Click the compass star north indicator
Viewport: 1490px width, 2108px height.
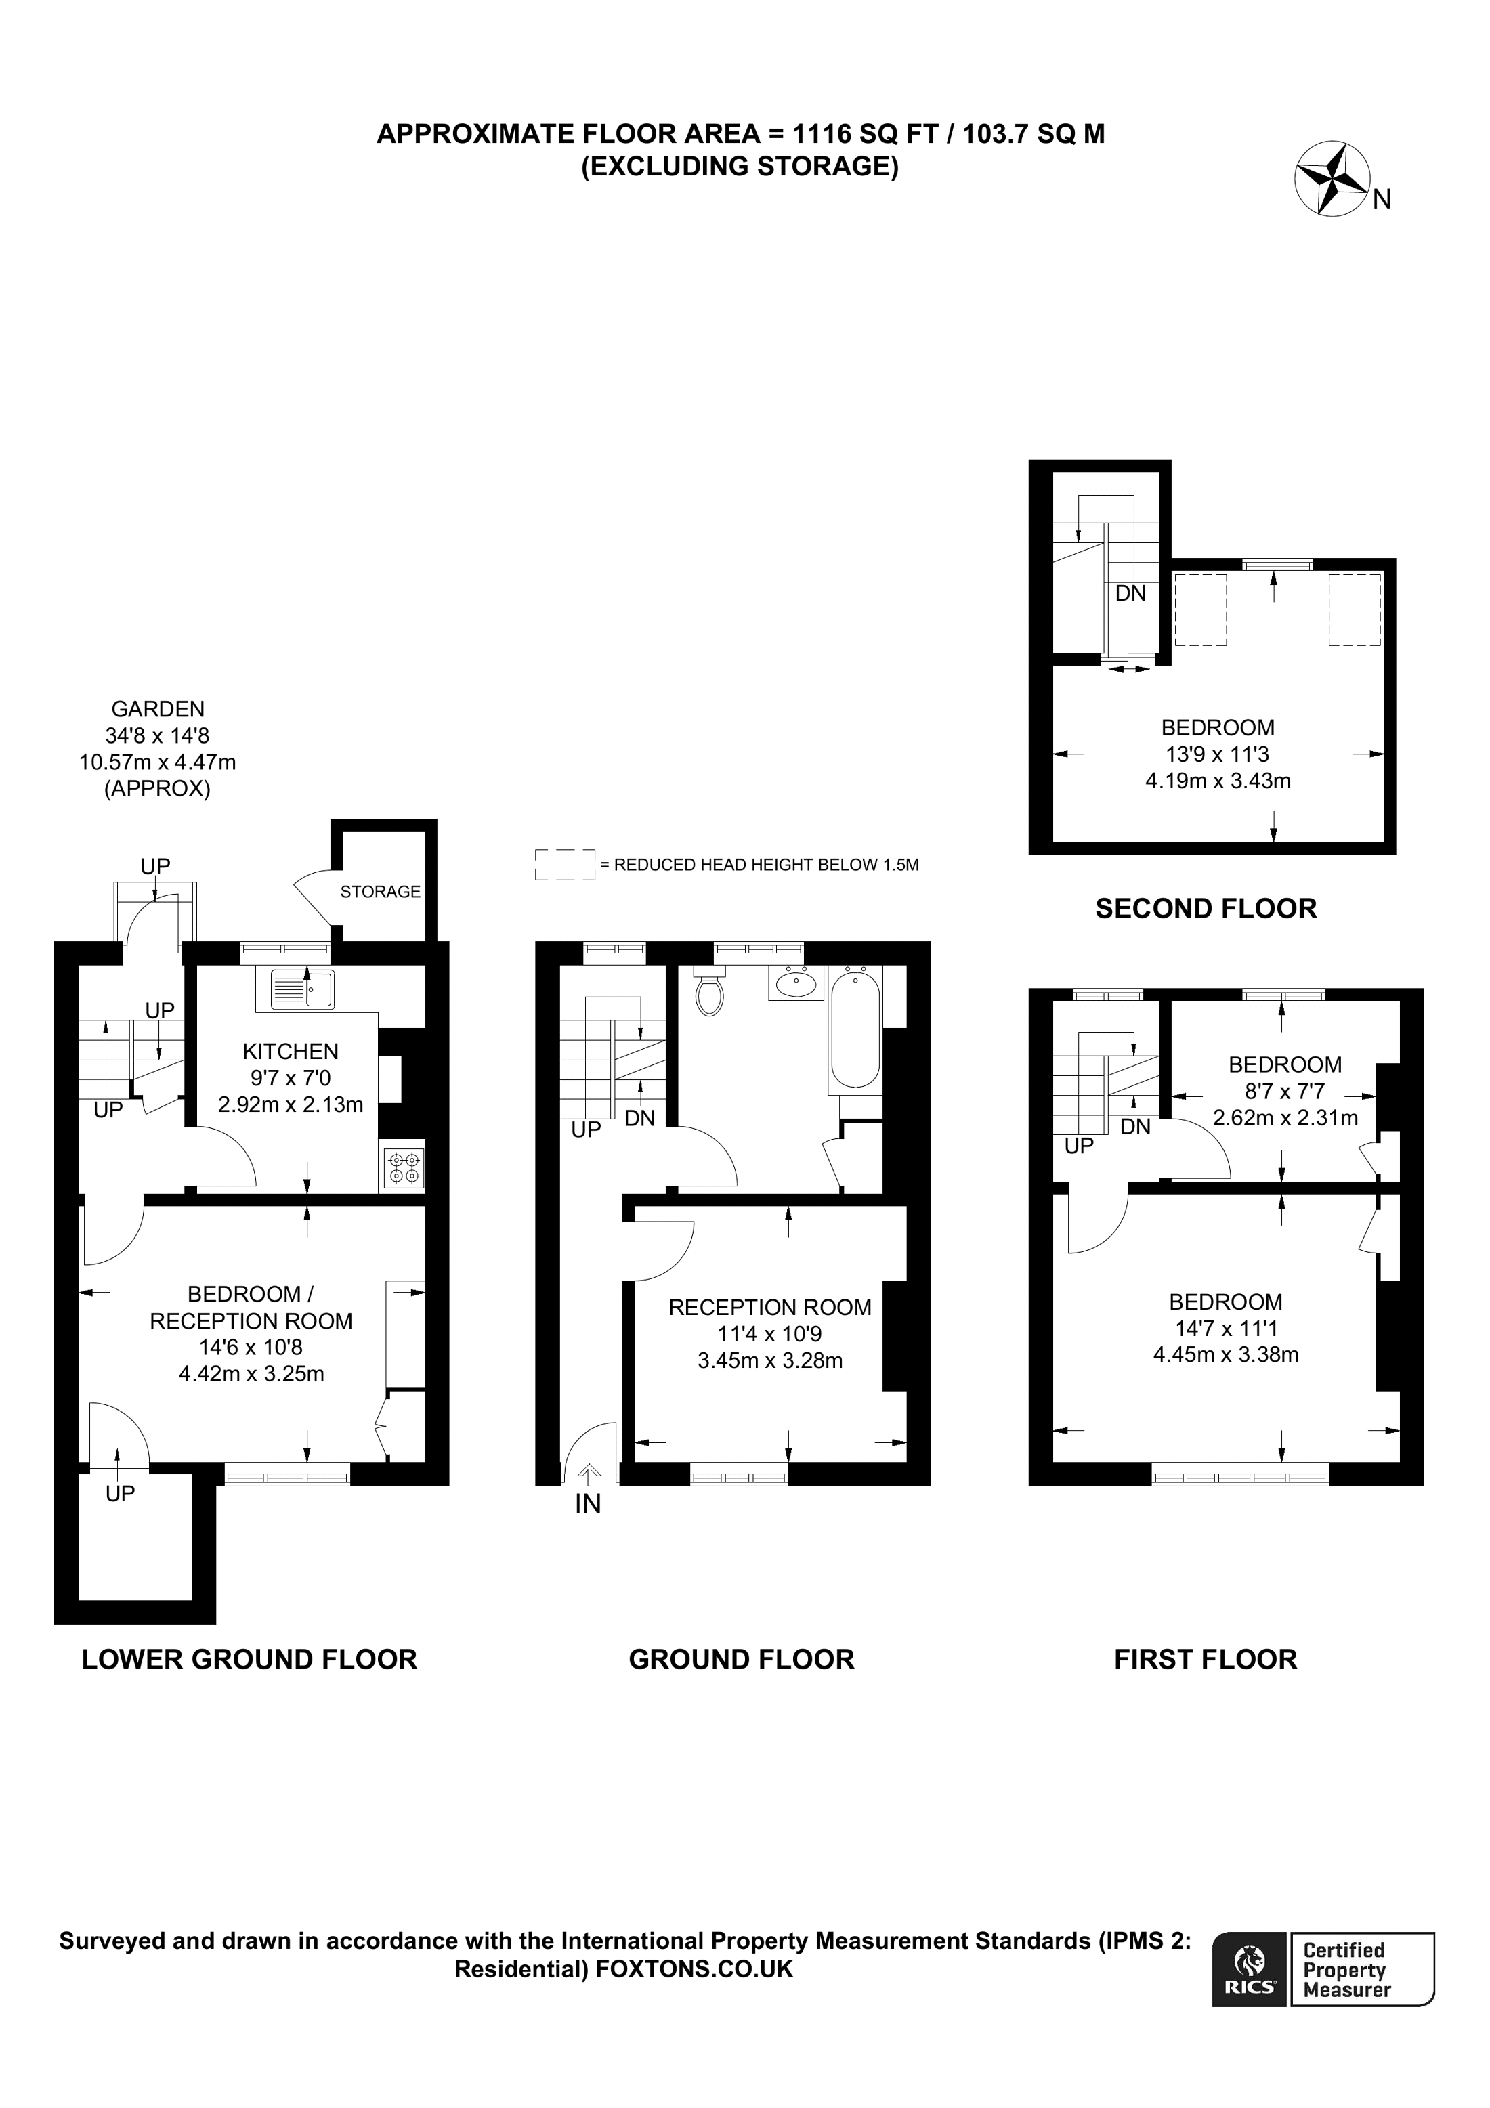pyautogui.click(x=1331, y=180)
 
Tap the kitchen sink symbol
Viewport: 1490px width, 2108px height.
pyautogui.click(x=302, y=990)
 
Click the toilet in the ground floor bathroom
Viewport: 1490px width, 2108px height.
pyautogui.click(x=710, y=994)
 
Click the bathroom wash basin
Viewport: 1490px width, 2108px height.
pyautogui.click(x=795, y=984)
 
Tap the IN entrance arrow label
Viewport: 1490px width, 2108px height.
pyautogui.click(x=588, y=1503)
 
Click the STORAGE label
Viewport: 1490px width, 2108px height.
pyautogui.click(x=380, y=892)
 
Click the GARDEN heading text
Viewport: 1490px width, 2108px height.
pyautogui.click(x=158, y=709)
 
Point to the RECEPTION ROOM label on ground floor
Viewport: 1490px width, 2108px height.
pyautogui.click(x=769, y=1308)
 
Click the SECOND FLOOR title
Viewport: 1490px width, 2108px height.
pyautogui.click(x=1206, y=909)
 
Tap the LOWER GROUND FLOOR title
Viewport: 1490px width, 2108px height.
pyautogui.click(x=249, y=1660)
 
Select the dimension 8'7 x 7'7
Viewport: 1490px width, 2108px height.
pyautogui.click(x=1284, y=1092)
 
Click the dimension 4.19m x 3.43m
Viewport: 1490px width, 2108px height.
pyautogui.click(x=1217, y=781)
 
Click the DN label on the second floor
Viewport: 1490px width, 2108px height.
pyautogui.click(x=1130, y=594)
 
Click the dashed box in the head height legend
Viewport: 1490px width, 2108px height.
pyautogui.click(x=565, y=865)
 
